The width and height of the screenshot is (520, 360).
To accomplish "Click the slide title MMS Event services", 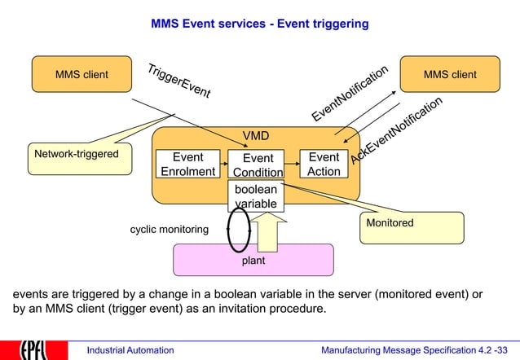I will pyautogui.click(x=259, y=24).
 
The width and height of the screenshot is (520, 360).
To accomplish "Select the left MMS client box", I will pyautogui.click(x=82, y=74).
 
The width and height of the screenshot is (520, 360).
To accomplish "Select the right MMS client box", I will pyautogui.click(x=450, y=74).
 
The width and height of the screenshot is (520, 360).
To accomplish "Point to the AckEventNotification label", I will pyautogui.click(x=397, y=130).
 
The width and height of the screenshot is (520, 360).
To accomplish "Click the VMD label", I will pyautogui.click(x=256, y=135).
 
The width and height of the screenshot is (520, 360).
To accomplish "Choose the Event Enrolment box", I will pyautogui.click(x=187, y=164).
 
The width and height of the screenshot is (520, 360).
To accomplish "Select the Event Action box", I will pyautogui.click(x=324, y=164).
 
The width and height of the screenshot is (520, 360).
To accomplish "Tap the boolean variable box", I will pyautogui.click(x=256, y=196).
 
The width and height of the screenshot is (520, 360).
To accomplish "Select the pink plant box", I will pyautogui.click(x=253, y=261).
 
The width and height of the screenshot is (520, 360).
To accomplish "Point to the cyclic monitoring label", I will pyautogui.click(x=169, y=230).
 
